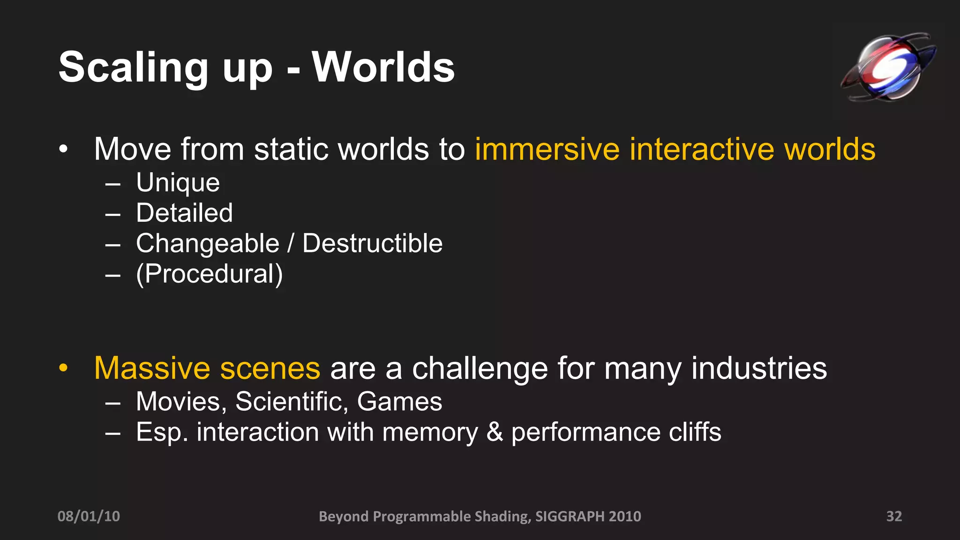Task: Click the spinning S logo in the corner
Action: [888, 67]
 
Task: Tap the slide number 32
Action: [894, 516]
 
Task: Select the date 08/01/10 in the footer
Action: [89, 516]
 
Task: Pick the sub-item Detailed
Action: [184, 213]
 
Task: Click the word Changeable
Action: [208, 243]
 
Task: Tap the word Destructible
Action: [372, 243]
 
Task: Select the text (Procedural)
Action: [210, 274]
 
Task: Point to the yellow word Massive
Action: [152, 368]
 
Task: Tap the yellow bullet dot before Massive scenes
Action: [64, 368]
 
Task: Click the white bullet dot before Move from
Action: [64, 150]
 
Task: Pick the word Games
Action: [399, 401]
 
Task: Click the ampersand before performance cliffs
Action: [495, 432]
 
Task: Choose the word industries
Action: [759, 368]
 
